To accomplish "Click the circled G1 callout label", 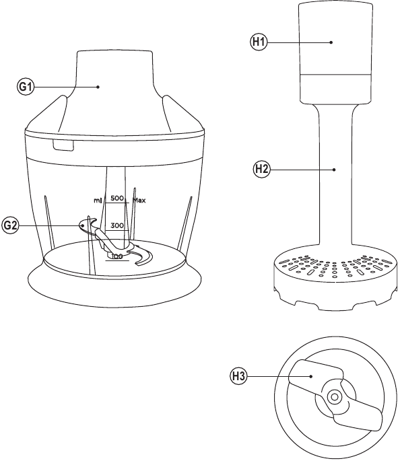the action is pos(26,87).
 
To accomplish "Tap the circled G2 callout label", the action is pos(10,225).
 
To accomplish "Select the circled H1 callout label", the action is pos(259,42).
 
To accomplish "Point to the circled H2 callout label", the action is pos(262,170).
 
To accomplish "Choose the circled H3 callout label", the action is pos(238,376).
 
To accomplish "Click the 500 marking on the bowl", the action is pos(117,198).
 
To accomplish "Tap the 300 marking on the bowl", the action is pos(117,226).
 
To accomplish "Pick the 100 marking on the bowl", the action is pos(117,256).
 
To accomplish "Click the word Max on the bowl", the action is pos(139,201).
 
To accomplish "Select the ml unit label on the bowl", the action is pos(98,201).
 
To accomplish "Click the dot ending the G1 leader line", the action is pos(98,87).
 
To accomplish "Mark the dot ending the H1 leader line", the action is pos(331,42).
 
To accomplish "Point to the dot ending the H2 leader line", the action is pos(334,170).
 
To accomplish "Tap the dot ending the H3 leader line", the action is pos(311,376).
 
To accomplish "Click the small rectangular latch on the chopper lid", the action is pos(63,145).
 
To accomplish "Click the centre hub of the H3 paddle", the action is pos(335,397).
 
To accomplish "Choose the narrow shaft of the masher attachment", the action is pos(335,177).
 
